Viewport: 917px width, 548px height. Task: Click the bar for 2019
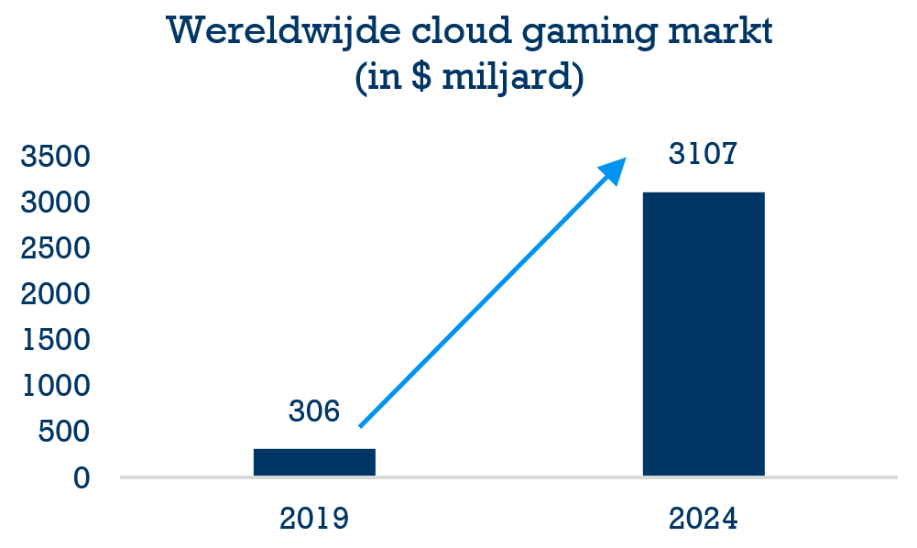[314, 462]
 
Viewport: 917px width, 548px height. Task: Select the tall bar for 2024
[704, 334]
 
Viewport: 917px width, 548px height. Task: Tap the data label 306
[314, 411]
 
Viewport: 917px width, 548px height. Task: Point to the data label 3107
[703, 154]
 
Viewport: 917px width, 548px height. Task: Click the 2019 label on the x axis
[314, 519]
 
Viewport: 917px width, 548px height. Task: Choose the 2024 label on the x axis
[704, 519]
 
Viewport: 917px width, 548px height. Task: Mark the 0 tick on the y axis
[81, 477]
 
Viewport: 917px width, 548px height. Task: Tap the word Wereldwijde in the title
[277, 33]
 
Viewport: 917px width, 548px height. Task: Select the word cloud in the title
[452, 33]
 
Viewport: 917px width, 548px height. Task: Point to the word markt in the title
[724, 33]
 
